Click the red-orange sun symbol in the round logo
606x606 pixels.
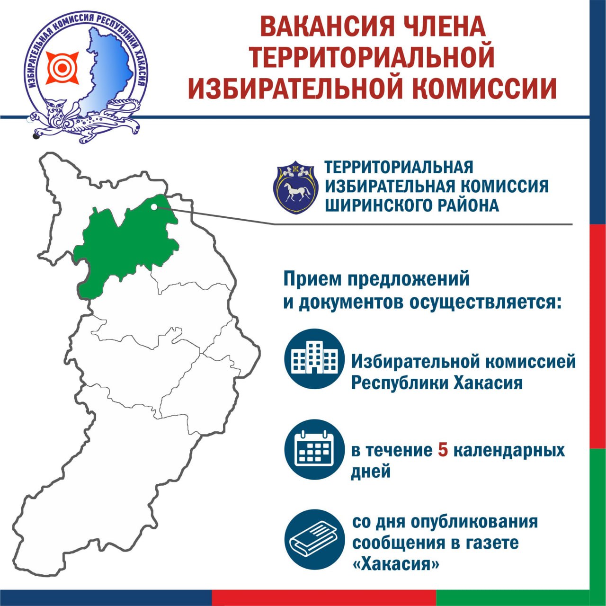[62, 68]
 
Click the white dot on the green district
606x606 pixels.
[154, 206]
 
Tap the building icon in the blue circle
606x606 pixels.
[314, 360]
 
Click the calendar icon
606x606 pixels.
[314, 450]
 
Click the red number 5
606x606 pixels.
[443, 450]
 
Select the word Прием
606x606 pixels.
[312, 279]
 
